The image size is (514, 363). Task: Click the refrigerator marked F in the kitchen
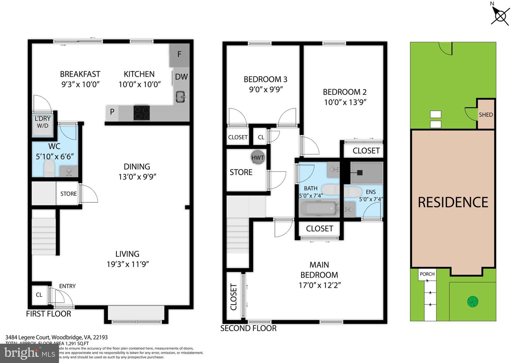point(179,55)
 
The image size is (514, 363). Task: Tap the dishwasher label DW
point(181,77)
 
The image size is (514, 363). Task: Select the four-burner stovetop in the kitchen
point(141,113)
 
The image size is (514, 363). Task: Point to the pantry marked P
point(112,112)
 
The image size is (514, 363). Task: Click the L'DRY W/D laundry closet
point(42,122)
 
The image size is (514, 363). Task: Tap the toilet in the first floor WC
point(49,168)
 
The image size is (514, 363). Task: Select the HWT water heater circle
point(258,158)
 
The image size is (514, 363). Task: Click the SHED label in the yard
point(486,115)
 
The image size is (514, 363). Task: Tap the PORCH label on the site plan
point(427,274)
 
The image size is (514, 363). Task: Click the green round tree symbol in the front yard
point(473,302)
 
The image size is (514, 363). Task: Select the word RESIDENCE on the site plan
point(453,202)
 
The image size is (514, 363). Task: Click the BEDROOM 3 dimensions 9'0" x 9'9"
point(266,90)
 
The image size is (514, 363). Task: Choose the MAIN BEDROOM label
point(319,270)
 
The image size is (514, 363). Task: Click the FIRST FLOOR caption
point(49,314)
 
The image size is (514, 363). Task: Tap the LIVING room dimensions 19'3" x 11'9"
point(127,264)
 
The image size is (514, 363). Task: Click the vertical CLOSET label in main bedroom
point(234,297)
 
